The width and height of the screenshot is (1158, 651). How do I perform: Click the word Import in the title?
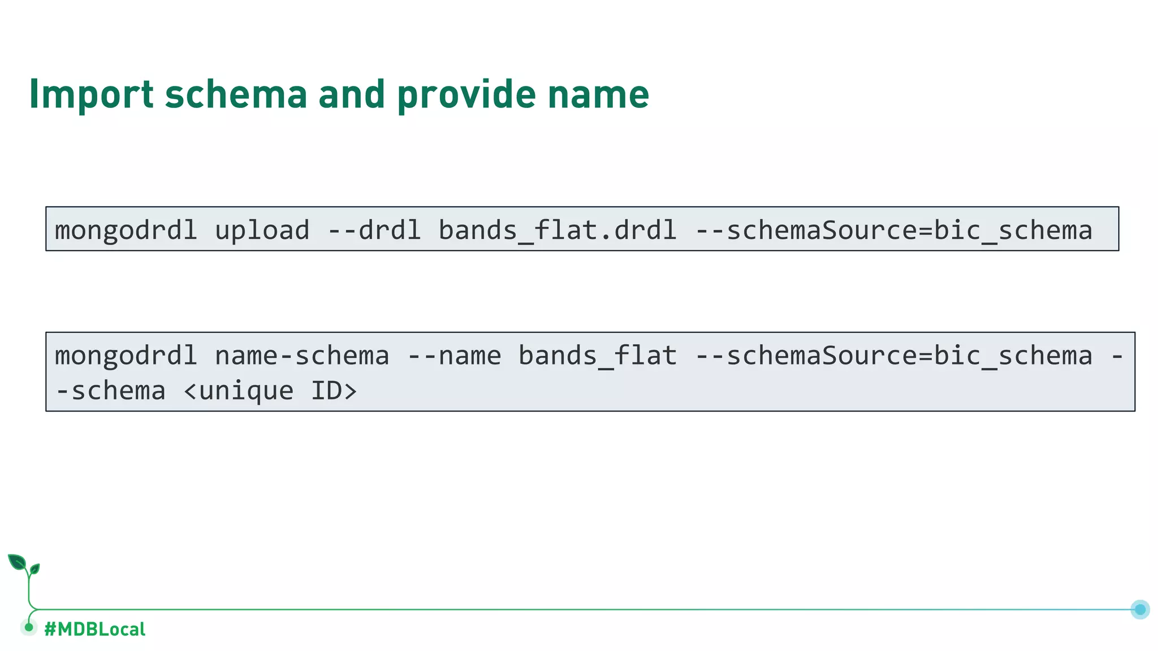[91, 94]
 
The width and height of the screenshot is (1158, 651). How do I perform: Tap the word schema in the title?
[236, 94]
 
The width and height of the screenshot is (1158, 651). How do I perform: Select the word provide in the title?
[466, 94]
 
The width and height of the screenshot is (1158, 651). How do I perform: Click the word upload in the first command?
[262, 230]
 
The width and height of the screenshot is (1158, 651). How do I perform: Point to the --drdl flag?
[374, 230]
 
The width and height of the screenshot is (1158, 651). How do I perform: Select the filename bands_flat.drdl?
[557, 230]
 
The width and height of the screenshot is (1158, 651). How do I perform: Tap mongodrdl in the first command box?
[126, 230]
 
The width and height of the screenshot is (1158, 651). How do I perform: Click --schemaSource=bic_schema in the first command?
[893, 230]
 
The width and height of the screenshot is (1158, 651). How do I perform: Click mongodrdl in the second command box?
[126, 356]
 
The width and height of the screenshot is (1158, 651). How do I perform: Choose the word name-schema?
[302, 356]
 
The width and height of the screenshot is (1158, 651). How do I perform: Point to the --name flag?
[454, 356]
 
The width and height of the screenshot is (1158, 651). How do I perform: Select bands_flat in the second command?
[597, 356]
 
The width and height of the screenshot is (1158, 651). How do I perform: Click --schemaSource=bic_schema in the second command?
[893, 356]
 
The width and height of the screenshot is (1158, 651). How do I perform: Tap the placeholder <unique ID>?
[270, 391]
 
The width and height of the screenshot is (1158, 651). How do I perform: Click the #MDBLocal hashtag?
[94, 629]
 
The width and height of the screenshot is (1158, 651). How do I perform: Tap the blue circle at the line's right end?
[1140, 609]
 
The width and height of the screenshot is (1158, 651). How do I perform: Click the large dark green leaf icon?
[17, 562]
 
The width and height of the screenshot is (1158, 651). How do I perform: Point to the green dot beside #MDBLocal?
[29, 627]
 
